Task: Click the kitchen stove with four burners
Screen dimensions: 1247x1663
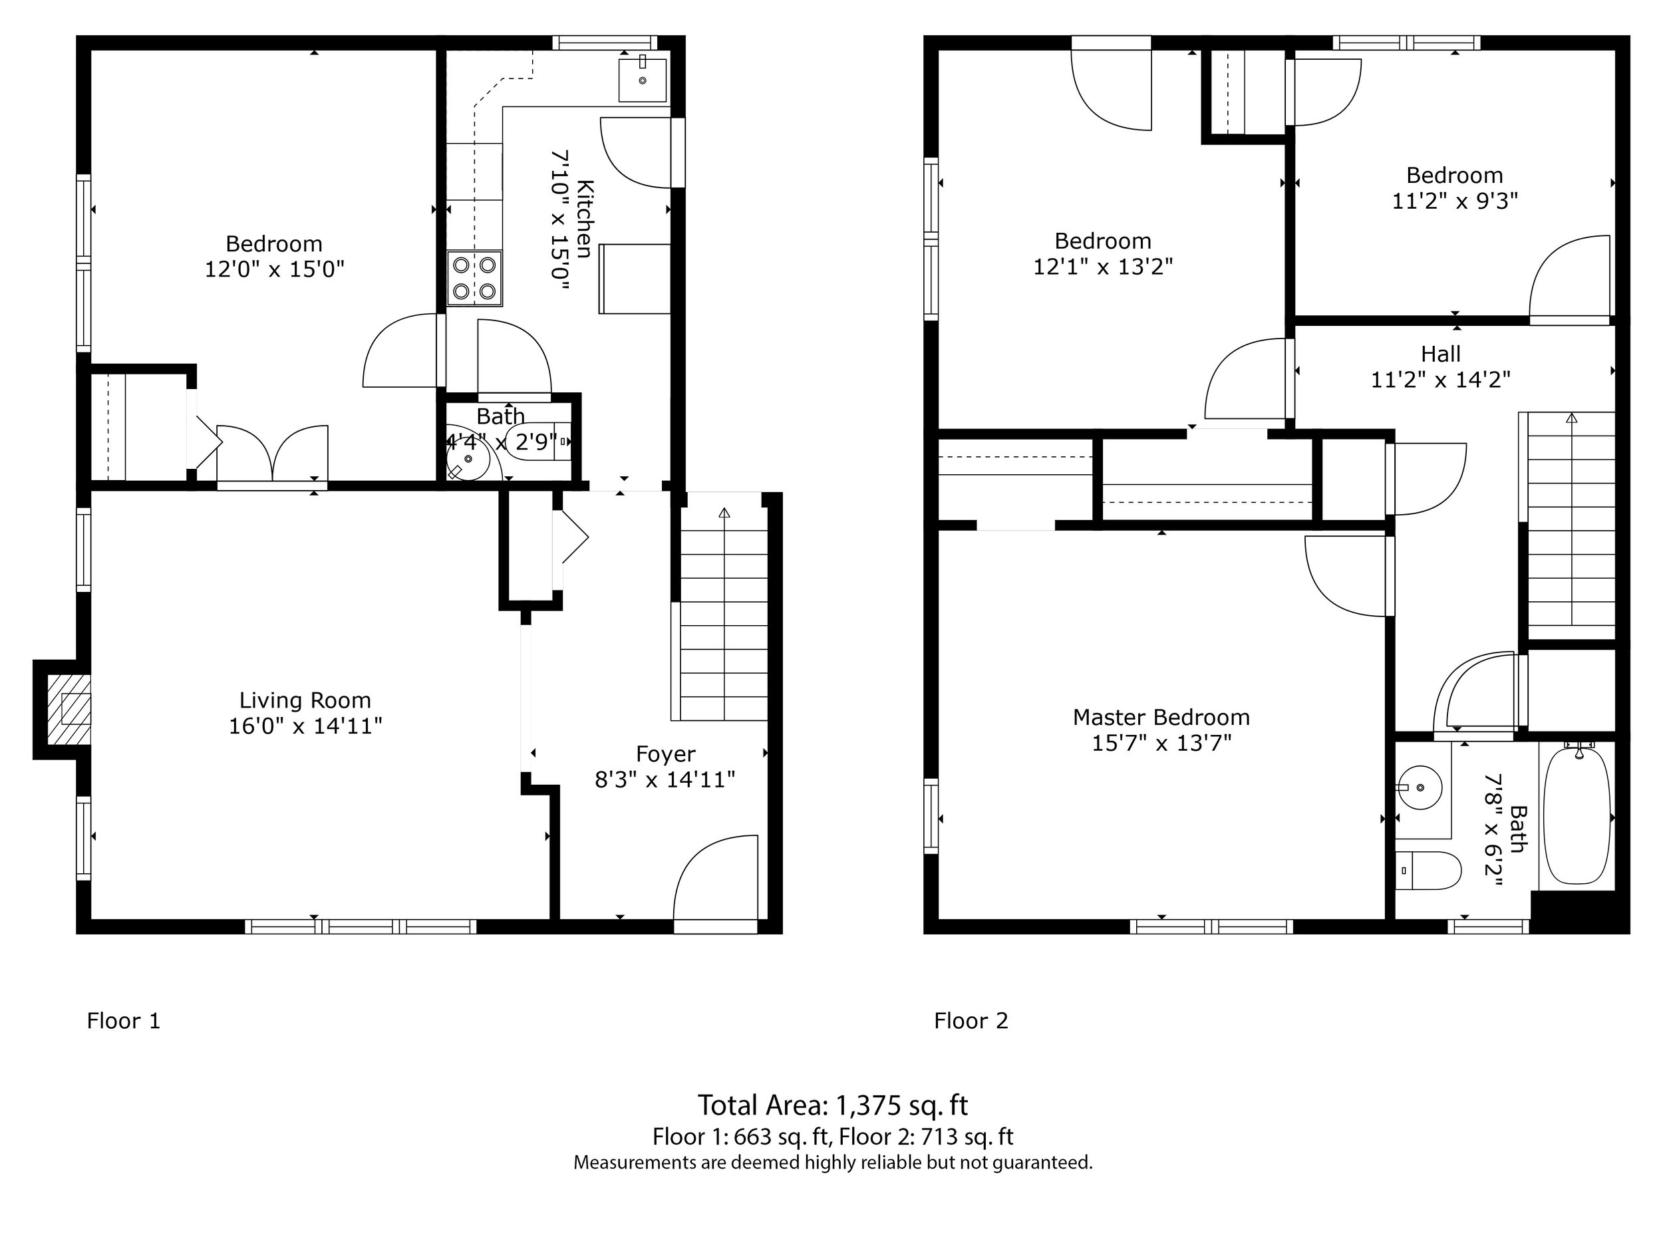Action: (474, 278)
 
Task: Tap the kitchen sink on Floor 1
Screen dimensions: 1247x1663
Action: (642, 79)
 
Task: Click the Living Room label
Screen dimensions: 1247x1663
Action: (305, 700)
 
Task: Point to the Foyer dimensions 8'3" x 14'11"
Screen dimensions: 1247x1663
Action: (665, 779)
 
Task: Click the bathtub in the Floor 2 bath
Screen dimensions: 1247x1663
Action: (1577, 816)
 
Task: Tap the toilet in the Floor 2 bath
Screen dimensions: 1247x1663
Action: (1428, 871)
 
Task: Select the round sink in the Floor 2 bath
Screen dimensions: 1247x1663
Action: (1420, 787)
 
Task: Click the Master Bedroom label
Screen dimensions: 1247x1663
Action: (1161, 717)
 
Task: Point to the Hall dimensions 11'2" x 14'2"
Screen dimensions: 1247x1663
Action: (1440, 380)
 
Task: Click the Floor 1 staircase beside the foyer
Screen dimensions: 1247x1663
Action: (723, 617)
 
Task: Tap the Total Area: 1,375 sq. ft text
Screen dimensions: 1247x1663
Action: (832, 1105)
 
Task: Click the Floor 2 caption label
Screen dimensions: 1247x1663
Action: (971, 1020)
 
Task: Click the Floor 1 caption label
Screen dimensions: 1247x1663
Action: (123, 1020)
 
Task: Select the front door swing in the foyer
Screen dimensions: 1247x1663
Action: (716, 879)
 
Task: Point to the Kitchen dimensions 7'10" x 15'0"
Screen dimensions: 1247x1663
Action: (561, 219)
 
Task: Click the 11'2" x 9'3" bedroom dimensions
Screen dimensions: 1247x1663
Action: (1454, 201)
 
